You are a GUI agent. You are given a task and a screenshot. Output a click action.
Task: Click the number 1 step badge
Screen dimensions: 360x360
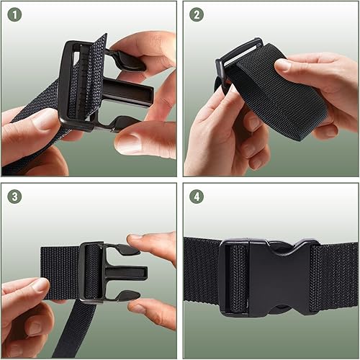tap(14, 14)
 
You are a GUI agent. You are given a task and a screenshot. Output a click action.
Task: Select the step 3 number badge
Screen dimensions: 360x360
tap(14, 196)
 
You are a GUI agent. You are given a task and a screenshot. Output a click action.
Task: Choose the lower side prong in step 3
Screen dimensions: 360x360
tap(127, 295)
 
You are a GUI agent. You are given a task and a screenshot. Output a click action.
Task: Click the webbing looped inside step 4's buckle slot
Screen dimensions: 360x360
tap(237, 277)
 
